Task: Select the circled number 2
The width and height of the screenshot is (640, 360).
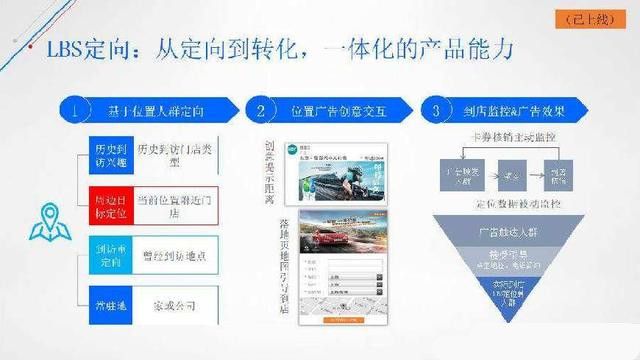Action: [x=260, y=109]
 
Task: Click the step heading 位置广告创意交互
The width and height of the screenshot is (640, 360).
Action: [x=337, y=109]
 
